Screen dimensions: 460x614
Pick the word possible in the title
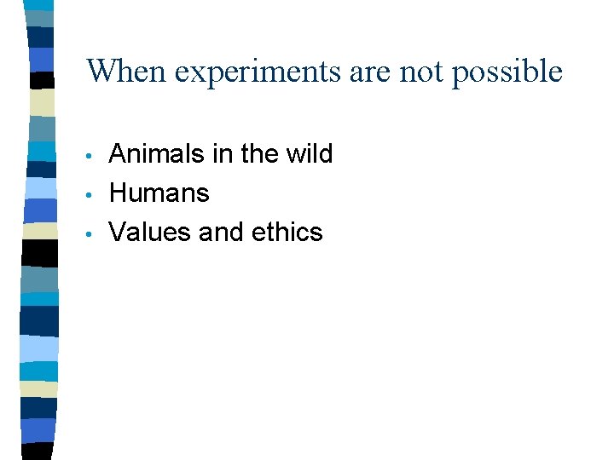click(x=507, y=72)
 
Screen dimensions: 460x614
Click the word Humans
click(x=159, y=193)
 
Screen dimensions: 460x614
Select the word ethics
click(x=285, y=233)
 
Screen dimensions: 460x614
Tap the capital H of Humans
click(x=119, y=193)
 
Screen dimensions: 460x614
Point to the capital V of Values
click(x=118, y=233)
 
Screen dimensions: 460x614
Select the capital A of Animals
click(x=119, y=154)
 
